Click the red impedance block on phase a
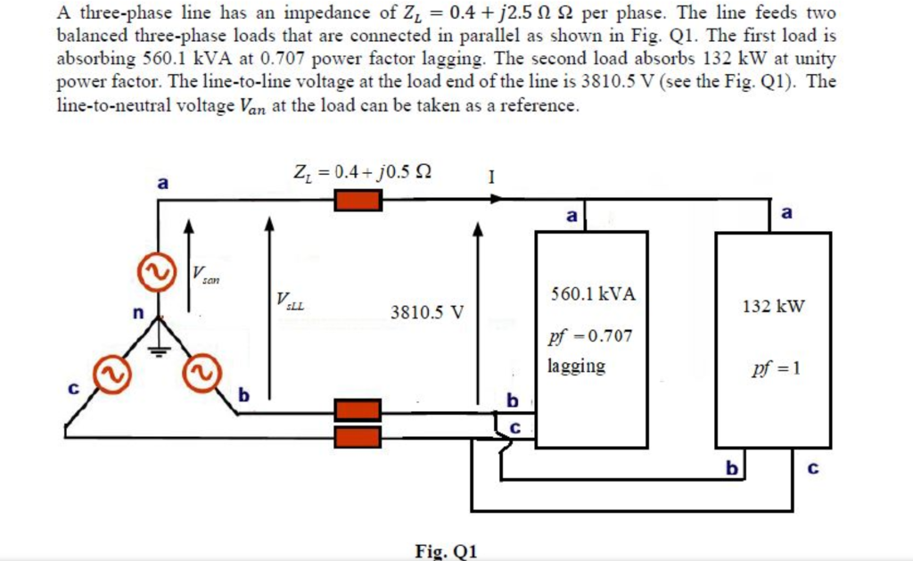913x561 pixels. tap(358, 200)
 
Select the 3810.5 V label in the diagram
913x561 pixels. tap(427, 313)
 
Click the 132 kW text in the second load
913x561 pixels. tap(772, 307)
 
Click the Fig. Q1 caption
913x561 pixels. tap(446, 550)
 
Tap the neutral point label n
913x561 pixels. tap(137, 313)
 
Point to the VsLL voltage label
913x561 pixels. tap(291, 301)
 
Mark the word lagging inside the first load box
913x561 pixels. tap(576, 366)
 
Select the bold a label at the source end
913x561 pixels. tap(162, 183)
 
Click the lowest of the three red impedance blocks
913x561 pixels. tap(358, 436)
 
